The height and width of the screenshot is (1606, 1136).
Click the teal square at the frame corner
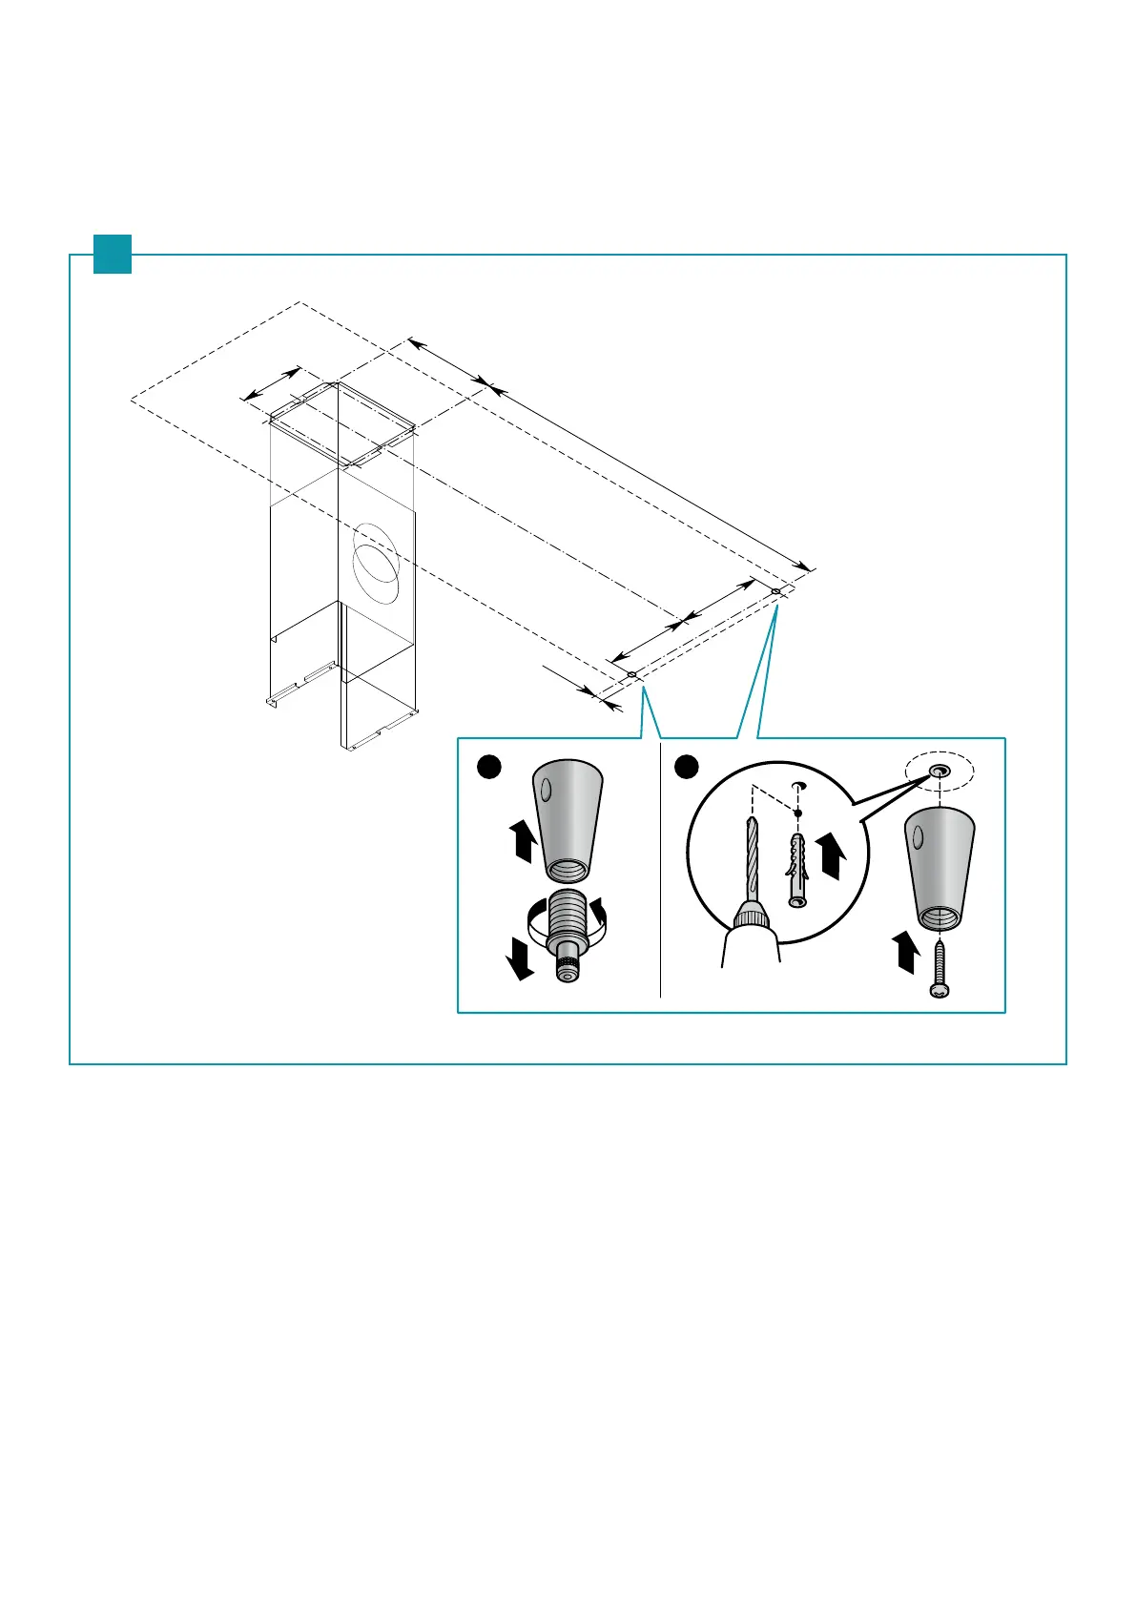(x=112, y=254)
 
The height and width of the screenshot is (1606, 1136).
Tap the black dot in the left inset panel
(x=489, y=767)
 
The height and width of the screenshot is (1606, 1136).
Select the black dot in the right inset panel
(x=687, y=767)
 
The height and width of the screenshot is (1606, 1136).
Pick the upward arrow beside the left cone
(x=522, y=844)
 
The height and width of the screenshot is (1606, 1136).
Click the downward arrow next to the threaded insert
(x=520, y=957)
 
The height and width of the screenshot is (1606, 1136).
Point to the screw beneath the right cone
(x=939, y=969)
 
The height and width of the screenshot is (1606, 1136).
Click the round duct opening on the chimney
(x=376, y=564)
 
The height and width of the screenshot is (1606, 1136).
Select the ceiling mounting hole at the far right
(x=775, y=591)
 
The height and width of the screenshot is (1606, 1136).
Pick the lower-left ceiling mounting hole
(x=631, y=675)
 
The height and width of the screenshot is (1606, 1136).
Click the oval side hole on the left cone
(x=546, y=791)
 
